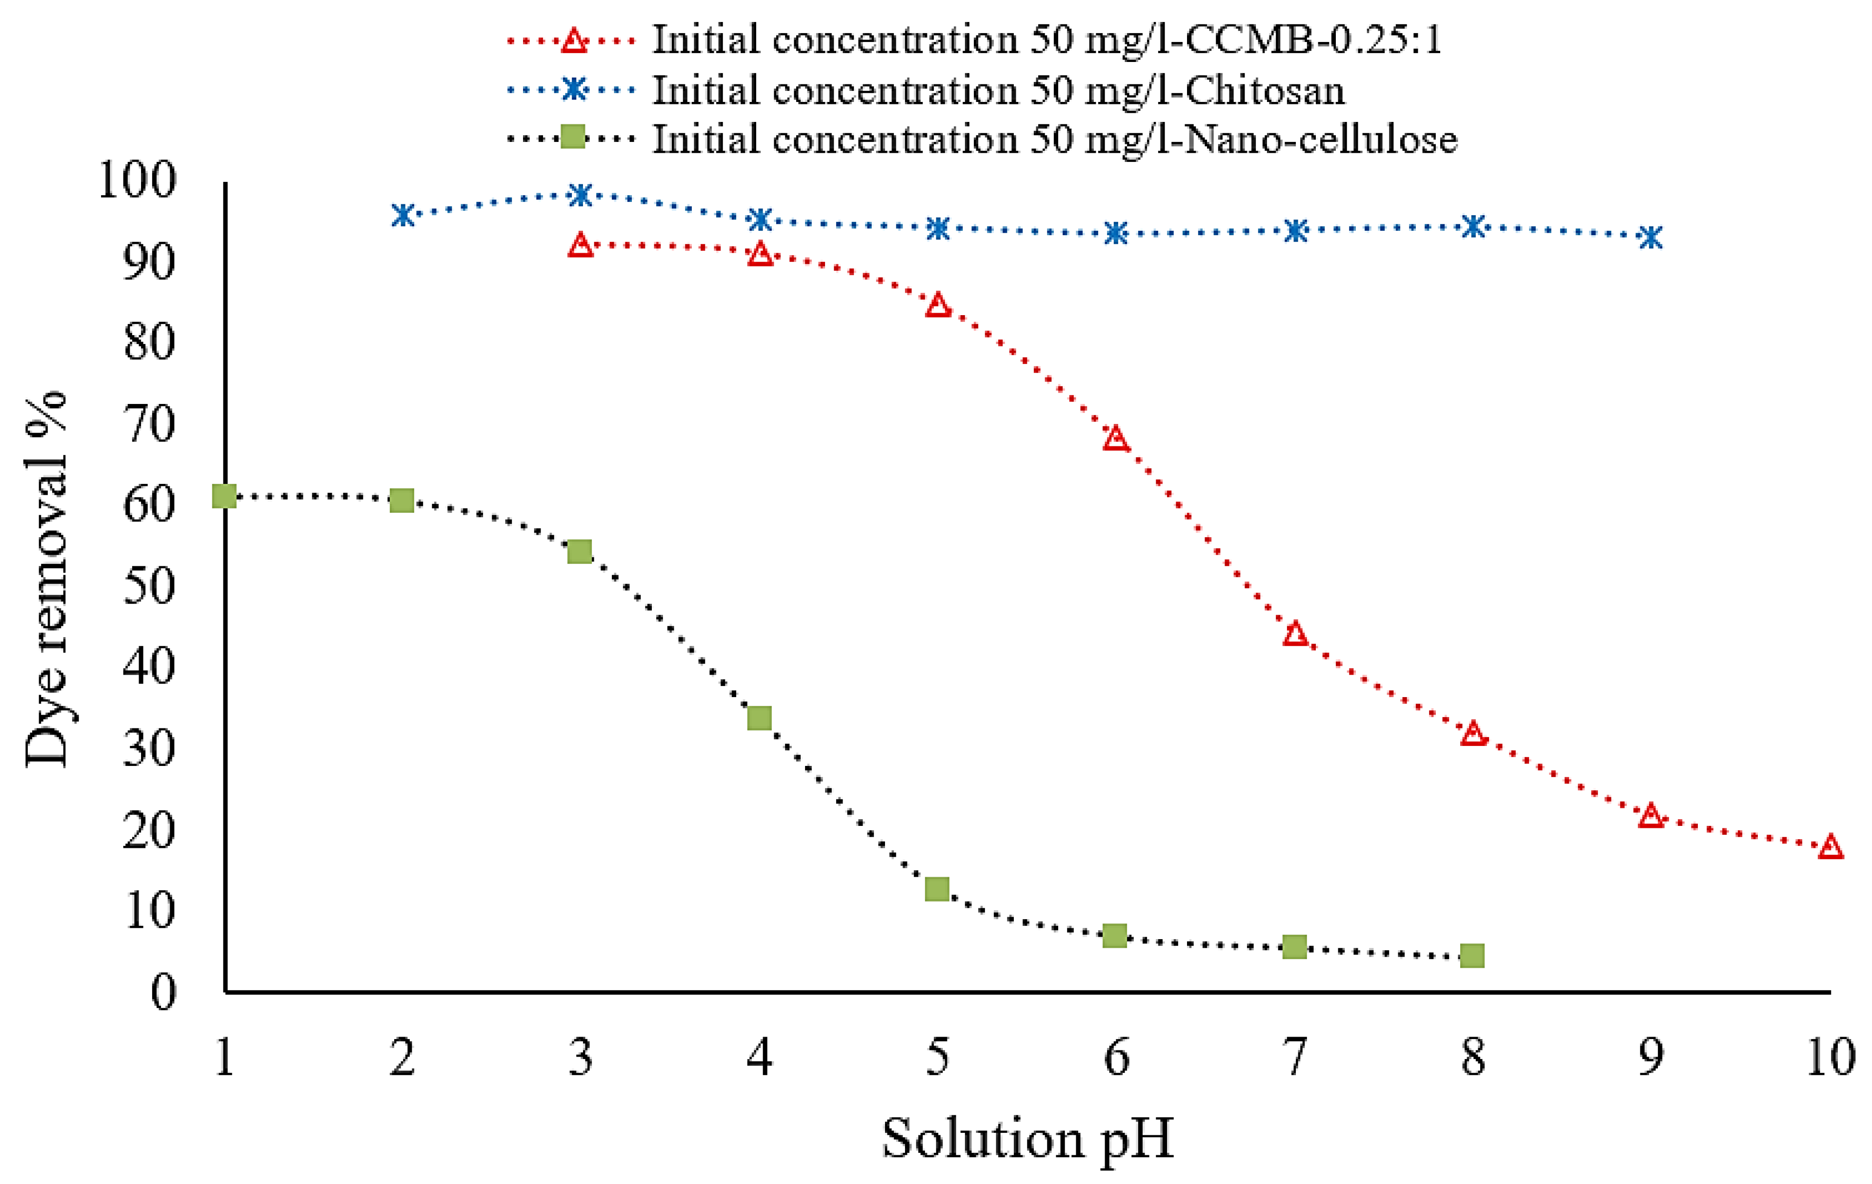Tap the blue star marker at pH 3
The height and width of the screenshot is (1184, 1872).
click(x=580, y=195)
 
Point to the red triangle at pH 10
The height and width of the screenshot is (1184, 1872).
click(x=1831, y=846)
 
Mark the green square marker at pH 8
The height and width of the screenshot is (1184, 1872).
click(x=1472, y=955)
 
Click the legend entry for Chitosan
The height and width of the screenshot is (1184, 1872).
click(x=998, y=90)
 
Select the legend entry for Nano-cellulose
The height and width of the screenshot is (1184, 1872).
click(x=1054, y=140)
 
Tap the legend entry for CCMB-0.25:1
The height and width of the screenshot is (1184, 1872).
click(x=1047, y=40)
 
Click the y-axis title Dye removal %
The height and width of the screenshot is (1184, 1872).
click(x=47, y=579)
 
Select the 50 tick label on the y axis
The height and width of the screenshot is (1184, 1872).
click(x=150, y=586)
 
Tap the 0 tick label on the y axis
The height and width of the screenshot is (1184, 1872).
click(x=163, y=993)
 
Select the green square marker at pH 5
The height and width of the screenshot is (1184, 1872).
click(x=938, y=888)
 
